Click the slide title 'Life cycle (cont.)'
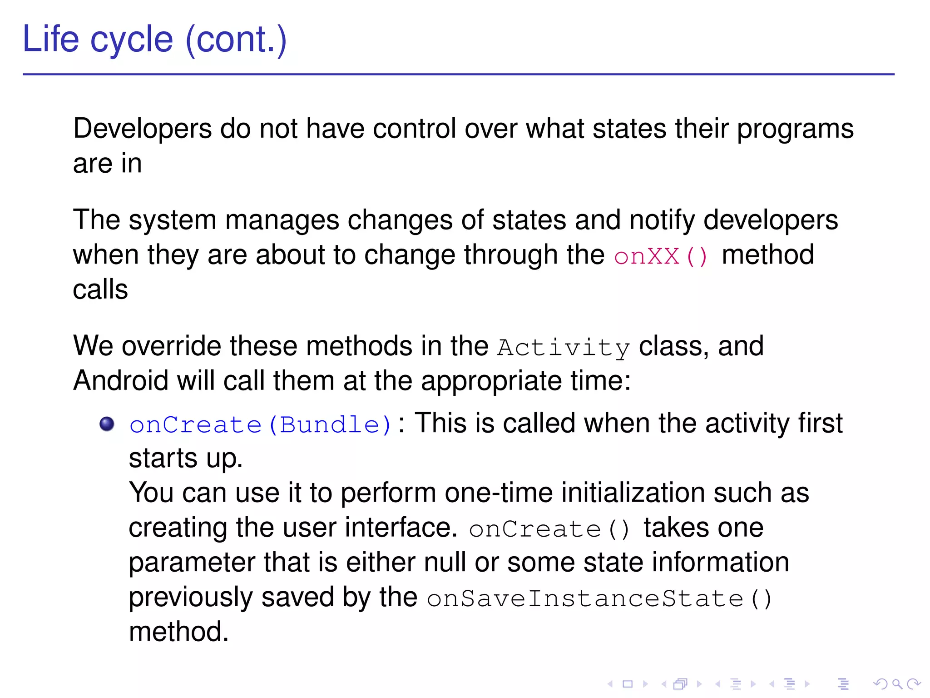coord(154,40)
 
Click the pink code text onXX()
coord(660,256)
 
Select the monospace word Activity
coord(563,348)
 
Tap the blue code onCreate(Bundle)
coord(260,425)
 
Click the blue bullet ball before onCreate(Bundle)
coord(107,424)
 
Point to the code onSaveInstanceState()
coord(599,598)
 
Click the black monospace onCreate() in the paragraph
coord(549,529)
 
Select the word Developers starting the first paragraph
coord(142,129)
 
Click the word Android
coord(120,380)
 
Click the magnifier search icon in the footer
coord(897,684)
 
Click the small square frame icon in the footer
coord(628,684)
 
